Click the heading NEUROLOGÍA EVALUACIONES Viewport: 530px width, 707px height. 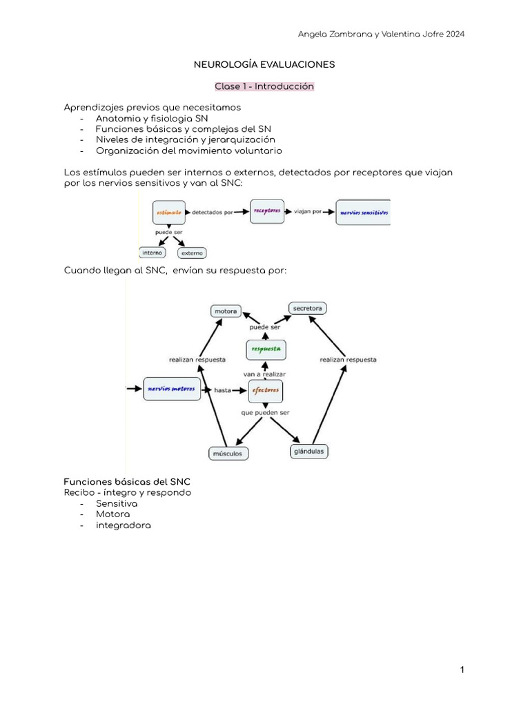pyautogui.click(x=264, y=64)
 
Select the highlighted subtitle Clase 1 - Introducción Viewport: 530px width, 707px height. pyautogui.click(x=264, y=86)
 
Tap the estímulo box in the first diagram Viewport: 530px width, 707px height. pyautogui.click(x=168, y=213)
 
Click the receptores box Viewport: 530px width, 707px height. pyautogui.click(x=266, y=211)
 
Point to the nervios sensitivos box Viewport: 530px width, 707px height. pyautogui.click(x=363, y=213)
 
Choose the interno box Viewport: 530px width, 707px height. pyautogui.click(x=152, y=253)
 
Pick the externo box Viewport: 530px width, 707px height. pyautogui.click(x=192, y=253)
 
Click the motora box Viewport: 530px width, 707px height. pyautogui.click(x=226, y=311)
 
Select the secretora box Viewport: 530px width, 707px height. pyautogui.click(x=308, y=308)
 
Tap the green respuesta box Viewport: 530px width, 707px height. pyautogui.click(x=266, y=349)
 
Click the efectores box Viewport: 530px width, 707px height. pyautogui.click(x=266, y=390)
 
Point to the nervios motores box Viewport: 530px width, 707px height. pyautogui.click(x=172, y=389)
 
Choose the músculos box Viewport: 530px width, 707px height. pyautogui.click(x=228, y=454)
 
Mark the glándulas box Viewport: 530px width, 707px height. pyautogui.click(x=308, y=452)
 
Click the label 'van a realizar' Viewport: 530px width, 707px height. pyautogui.click(x=264, y=374)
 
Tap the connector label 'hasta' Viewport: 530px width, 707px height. pyautogui.click(x=222, y=390)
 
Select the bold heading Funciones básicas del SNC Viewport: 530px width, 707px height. pyautogui.click(x=127, y=481)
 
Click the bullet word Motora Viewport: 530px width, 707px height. pyautogui.click(x=112, y=514)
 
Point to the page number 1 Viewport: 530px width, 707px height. pyautogui.click(x=462, y=670)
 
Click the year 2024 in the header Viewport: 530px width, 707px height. pyautogui.click(x=453, y=35)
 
